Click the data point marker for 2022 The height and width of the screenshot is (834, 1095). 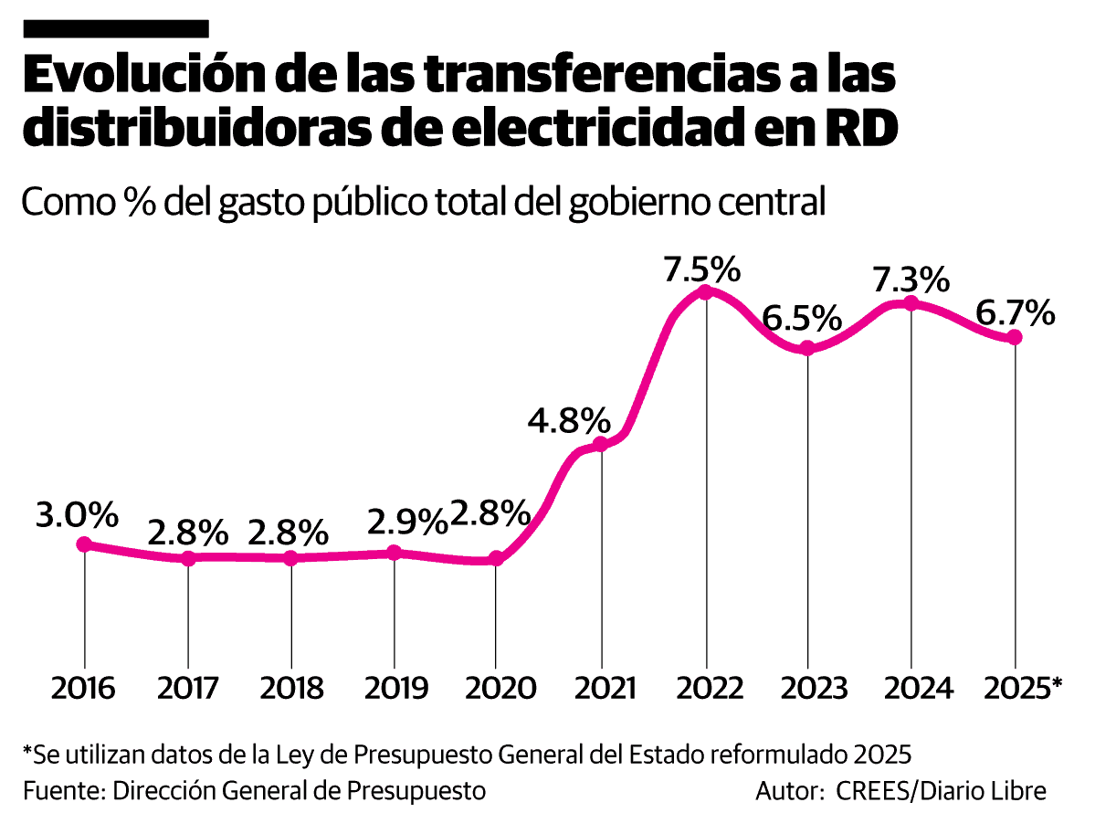(705, 291)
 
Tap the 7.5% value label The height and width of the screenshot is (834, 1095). (701, 269)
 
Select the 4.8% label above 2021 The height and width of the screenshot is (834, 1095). (569, 421)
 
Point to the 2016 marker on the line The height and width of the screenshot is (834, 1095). (84, 544)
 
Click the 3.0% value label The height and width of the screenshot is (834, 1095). (78, 515)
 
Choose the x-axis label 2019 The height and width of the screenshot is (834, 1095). (395, 688)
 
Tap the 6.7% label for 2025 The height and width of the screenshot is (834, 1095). (1015, 314)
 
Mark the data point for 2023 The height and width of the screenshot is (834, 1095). (807, 348)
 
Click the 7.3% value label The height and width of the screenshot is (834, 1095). (911, 280)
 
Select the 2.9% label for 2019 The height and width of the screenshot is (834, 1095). (407, 522)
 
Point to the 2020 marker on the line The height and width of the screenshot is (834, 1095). (496, 558)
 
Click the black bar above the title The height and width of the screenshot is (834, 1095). (116, 28)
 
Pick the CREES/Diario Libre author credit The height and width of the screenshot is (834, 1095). (942, 790)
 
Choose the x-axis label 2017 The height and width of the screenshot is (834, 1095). (188, 688)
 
